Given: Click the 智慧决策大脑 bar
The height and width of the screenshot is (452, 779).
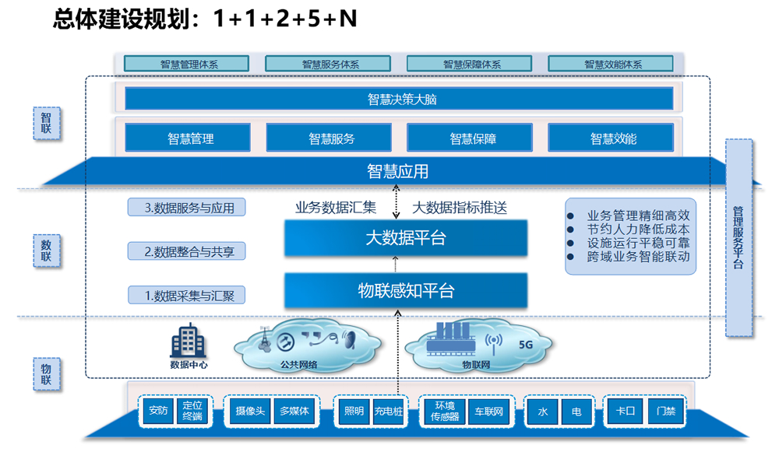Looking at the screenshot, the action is click(399, 99).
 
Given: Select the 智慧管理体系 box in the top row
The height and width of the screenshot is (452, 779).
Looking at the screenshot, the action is click(186, 64).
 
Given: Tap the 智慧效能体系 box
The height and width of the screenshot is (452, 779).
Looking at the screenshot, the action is click(611, 64).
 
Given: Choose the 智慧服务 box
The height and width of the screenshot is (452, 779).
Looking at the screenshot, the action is click(329, 138).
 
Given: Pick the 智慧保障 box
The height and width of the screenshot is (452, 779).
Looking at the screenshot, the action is click(470, 138).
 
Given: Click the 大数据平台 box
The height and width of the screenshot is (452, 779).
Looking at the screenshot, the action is click(406, 238).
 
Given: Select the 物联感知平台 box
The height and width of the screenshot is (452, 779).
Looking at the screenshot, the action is click(406, 291).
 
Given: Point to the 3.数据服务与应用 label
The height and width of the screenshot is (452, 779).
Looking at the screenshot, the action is click(187, 208).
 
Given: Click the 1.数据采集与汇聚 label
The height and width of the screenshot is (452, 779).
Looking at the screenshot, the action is click(187, 295).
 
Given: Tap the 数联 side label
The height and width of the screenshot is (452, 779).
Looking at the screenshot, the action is click(47, 251).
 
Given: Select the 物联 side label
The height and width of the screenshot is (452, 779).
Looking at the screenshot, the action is click(47, 374).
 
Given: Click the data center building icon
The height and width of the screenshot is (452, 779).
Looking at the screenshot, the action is click(189, 341).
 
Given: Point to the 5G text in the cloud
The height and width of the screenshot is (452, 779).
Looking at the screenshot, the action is click(526, 345).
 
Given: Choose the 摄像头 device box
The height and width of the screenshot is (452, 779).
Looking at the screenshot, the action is click(250, 412).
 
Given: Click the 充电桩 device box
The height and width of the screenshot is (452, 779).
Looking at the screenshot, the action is click(389, 412).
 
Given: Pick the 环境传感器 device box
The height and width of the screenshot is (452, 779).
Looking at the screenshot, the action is click(445, 412).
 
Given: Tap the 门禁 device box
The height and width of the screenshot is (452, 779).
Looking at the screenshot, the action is click(666, 412).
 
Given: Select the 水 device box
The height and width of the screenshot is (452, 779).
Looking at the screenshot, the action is click(542, 412).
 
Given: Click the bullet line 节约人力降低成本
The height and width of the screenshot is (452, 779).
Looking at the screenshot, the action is click(638, 230).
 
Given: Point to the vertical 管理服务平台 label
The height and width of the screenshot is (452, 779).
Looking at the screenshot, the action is click(738, 238).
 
